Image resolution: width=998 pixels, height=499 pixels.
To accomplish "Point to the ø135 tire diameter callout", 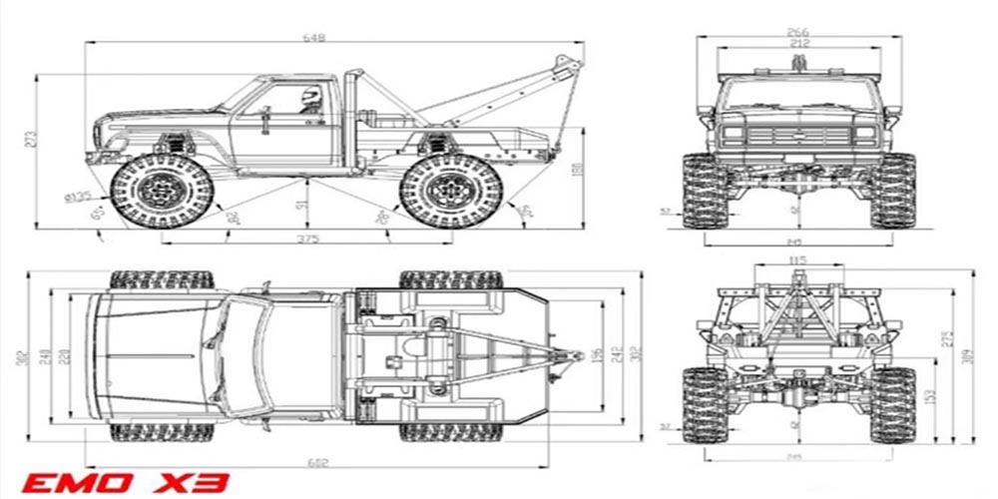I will (77, 197).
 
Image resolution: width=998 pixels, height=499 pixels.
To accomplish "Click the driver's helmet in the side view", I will (309, 96).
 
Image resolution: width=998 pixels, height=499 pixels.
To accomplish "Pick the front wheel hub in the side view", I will (160, 190).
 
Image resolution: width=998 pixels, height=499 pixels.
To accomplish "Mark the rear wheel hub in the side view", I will (451, 190).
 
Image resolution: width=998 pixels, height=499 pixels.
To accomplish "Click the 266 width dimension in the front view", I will (797, 32).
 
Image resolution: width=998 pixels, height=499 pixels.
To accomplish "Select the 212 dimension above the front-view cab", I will (797, 43).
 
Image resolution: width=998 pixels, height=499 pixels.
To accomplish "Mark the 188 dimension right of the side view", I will (575, 171).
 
